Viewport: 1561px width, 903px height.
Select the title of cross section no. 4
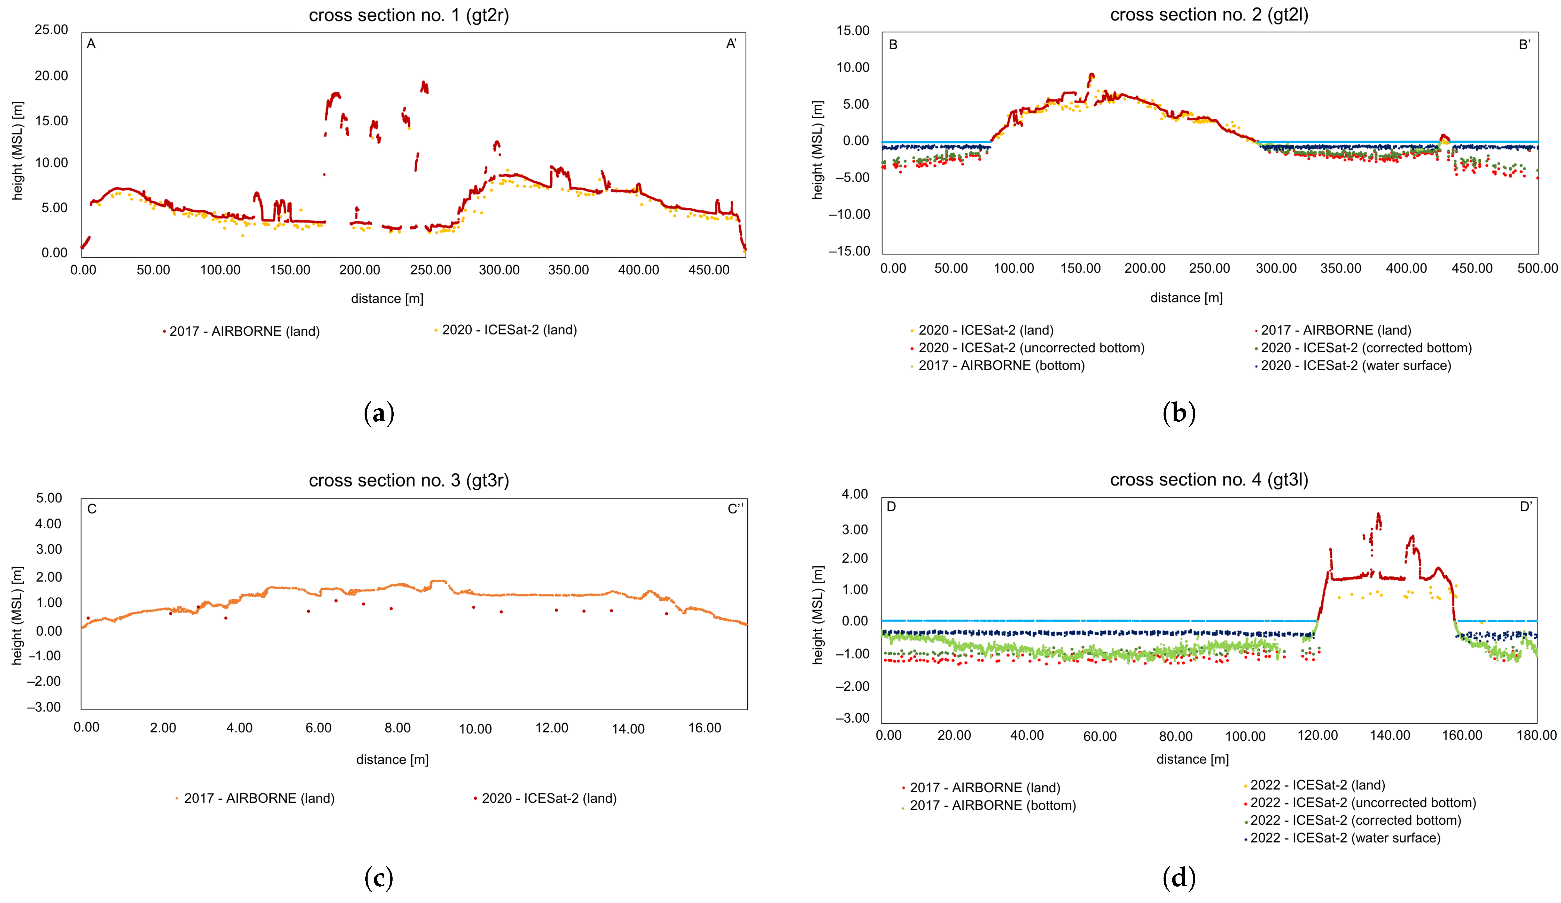click(x=1209, y=479)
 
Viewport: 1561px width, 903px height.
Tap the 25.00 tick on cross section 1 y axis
click(x=51, y=30)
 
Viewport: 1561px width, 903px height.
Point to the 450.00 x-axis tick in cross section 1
click(x=709, y=270)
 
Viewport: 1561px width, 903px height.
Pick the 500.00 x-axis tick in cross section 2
click(x=1538, y=268)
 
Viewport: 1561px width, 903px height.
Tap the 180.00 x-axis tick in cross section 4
click(x=1536, y=735)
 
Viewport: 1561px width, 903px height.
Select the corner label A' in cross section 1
click(x=731, y=44)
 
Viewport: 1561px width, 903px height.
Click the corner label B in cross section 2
click(x=893, y=45)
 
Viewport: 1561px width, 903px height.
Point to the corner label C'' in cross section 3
click(x=735, y=509)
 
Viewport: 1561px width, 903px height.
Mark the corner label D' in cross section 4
click(x=1526, y=507)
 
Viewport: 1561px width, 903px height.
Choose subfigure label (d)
click(x=1179, y=878)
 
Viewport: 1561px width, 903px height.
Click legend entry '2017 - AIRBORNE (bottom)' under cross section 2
click(x=1001, y=365)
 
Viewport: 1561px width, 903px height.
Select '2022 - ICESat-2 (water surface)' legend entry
click(x=1345, y=838)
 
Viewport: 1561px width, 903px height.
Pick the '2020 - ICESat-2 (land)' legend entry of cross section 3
click(x=549, y=798)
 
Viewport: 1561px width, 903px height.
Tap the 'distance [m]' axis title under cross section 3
click(x=392, y=759)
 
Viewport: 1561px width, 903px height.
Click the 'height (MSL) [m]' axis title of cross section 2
click(x=818, y=150)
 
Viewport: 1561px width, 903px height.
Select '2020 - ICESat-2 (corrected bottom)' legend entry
click(x=1366, y=348)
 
